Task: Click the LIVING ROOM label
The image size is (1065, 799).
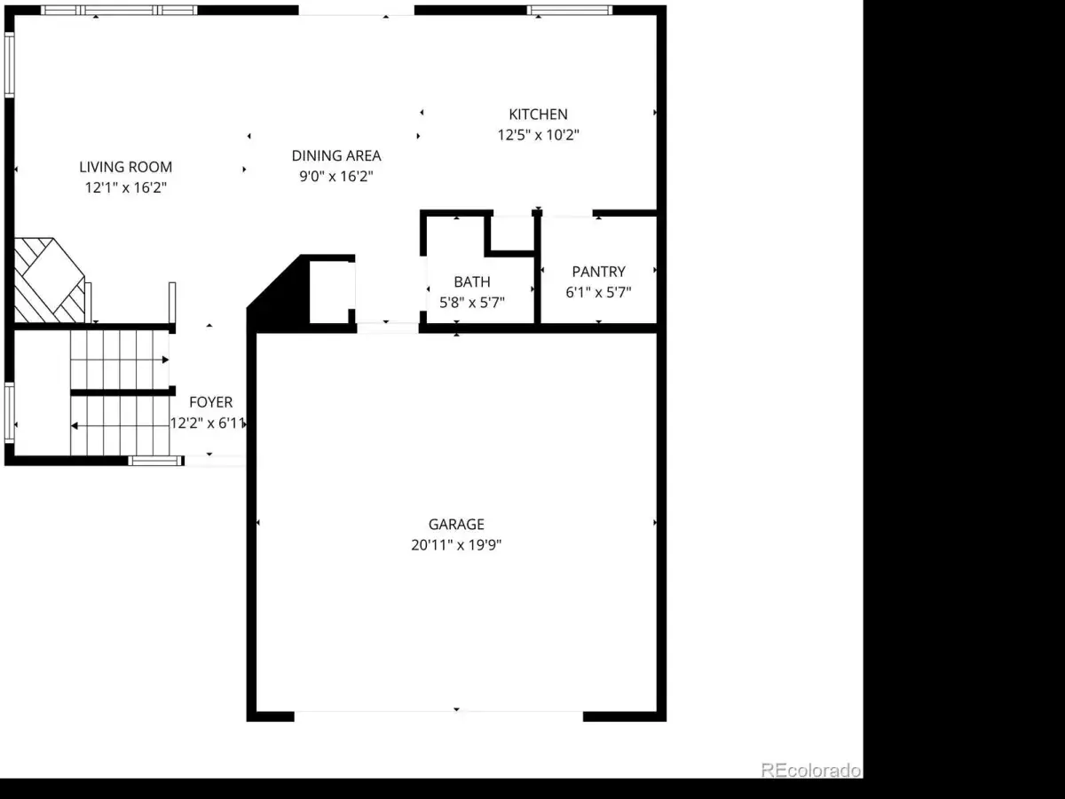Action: click(x=126, y=167)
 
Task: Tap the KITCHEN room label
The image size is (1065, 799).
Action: click(x=538, y=115)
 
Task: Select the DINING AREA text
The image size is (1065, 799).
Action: click(x=336, y=155)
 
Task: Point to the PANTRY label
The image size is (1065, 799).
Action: click(x=598, y=272)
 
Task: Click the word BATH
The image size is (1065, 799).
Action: click(x=472, y=281)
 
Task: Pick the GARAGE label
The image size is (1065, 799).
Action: click(x=456, y=525)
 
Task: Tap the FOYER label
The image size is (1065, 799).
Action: click(x=210, y=402)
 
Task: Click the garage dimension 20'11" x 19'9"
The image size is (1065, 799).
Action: click(x=456, y=545)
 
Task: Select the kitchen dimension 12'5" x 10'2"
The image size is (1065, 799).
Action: click(x=538, y=135)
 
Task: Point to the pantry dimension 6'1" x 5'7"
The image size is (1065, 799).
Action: click(x=598, y=292)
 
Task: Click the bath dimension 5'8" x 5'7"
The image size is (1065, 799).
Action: click(x=472, y=302)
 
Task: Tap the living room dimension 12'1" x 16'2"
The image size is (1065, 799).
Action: click(x=126, y=187)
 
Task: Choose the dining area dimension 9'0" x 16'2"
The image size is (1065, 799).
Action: click(x=336, y=176)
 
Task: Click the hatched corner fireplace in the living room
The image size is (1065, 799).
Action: click(x=50, y=281)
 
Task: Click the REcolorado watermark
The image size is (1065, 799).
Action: click(x=811, y=770)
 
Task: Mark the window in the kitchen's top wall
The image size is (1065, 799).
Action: click(x=570, y=10)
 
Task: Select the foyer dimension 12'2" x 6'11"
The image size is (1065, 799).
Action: click(x=208, y=423)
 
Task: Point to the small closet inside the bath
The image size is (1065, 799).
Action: click(x=511, y=233)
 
